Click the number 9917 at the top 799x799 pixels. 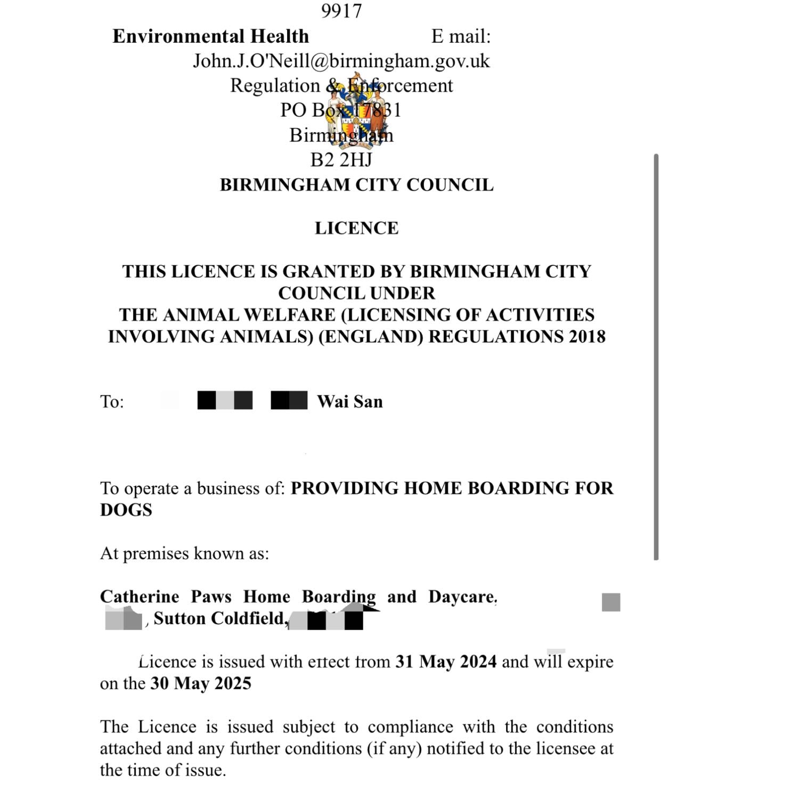tap(341, 11)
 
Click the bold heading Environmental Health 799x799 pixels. tap(210, 36)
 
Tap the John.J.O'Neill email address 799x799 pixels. tap(341, 61)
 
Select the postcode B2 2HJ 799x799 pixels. tap(341, 159)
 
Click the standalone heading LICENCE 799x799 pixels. tap(356, 228)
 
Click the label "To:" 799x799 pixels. tap(112, 401)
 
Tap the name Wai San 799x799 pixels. tap(350, 401)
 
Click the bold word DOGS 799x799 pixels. tap(126, 510)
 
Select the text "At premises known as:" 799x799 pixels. tap(184, 553)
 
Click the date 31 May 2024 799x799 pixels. tap(446, 662)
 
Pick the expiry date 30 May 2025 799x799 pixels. tap(201, 683)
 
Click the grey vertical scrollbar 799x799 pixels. tap(656, 357)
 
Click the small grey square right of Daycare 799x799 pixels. tap(611, 602)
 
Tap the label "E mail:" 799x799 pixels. tap(461, 36)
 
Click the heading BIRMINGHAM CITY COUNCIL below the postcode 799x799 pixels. tap(356, 185)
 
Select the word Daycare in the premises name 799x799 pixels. tap(462, 597)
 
